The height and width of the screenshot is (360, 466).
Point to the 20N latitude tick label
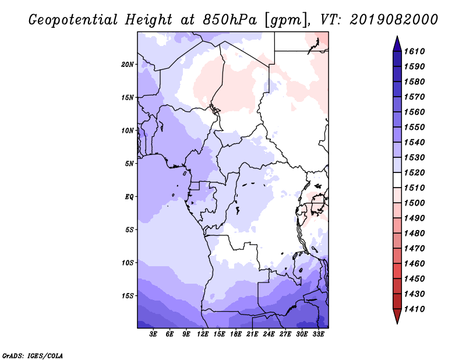tap(128, 64)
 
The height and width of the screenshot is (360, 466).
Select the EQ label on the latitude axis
tap(130, 196)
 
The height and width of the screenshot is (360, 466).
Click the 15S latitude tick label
tap(128, 295)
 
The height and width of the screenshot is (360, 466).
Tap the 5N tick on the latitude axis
tap(129, 163)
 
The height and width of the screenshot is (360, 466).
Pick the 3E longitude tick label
tap(153, 334)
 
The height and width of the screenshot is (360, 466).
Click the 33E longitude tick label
tap(318, 334)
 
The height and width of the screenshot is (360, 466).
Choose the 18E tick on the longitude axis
tap(236, 334)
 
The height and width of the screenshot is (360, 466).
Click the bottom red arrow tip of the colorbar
tap(396, 318)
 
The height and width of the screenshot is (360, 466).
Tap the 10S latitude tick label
tap(128, 263)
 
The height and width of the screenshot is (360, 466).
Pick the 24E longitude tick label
tap(269, 334)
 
